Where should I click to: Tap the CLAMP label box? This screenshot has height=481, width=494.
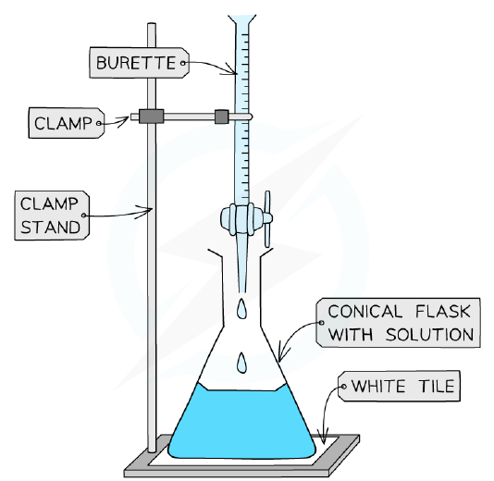(67, 123)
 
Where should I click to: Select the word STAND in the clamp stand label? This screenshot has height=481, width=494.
(50, 228)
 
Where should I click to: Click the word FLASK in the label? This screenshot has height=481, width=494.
(442, 311)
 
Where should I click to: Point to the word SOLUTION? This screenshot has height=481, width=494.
(430, 334)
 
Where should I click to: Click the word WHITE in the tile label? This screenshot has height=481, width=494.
(377, 386)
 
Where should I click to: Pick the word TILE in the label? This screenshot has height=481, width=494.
(437, 386)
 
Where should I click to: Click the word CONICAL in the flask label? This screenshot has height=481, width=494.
(365, 311)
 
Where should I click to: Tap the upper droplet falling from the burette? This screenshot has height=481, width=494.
(242, 308)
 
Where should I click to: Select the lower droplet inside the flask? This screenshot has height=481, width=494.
(241, 363)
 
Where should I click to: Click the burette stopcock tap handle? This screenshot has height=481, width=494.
(267, 218)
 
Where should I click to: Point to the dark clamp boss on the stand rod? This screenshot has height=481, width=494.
(151, 117)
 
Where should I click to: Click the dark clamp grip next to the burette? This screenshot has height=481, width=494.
(221, 117)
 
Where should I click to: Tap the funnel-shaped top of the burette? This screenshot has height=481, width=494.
(242, 19)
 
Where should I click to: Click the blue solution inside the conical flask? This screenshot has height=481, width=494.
(241, 422)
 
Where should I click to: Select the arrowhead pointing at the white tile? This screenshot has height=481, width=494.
(323, 438)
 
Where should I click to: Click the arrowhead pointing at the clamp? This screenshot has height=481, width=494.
(123, 120)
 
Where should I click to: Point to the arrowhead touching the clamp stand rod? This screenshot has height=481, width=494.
(146, 211)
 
